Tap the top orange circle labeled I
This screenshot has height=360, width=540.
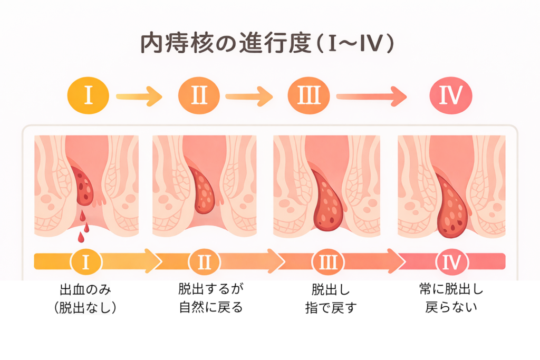click(88, 96)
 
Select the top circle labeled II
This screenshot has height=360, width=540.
click(199, 96)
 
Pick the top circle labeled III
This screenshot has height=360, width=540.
click(308, 96)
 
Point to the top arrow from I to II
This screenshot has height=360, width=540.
click(139, 96)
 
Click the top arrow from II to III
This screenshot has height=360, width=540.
click(248, 96)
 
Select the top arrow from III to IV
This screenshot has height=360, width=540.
click(372, 96)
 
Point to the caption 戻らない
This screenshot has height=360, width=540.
click(451, 306)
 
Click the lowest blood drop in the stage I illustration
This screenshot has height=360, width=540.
click(81, 238)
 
